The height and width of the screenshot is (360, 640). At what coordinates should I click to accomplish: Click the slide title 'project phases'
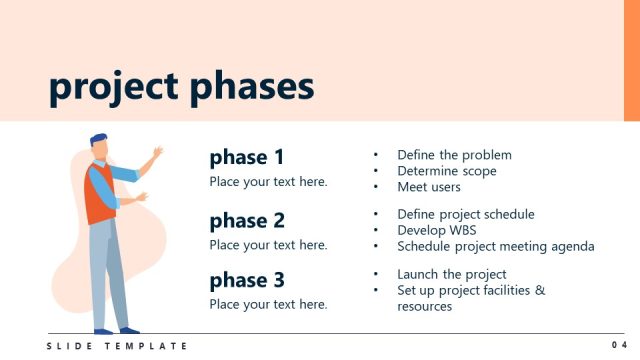point(181,88)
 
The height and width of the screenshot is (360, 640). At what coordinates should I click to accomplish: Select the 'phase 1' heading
point(247,157)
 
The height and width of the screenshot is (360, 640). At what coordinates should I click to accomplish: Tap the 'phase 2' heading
point(247,220)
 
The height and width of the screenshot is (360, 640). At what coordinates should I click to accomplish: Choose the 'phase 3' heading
point(247,280)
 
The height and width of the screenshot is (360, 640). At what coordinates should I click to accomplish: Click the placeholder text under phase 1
point(268,182)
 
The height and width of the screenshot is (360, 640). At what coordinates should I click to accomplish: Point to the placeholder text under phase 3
point(268,304)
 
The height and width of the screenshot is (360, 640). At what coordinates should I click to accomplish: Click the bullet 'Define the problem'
point(454,155)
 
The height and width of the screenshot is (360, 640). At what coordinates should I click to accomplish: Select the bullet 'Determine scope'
point(446,171)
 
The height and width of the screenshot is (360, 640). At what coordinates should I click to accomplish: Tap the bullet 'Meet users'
point(429,187)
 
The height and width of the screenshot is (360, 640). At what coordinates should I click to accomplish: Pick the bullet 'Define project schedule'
point(465,214)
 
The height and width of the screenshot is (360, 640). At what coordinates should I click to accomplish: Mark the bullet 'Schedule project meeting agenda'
point(495,246)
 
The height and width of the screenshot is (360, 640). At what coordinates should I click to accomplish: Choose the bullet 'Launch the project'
point(451,274)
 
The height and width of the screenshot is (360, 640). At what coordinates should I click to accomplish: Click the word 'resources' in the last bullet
point(424,306)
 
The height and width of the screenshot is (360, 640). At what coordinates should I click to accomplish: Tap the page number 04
point(619,345)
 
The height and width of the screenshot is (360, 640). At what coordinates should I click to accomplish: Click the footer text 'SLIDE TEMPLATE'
point(117,346)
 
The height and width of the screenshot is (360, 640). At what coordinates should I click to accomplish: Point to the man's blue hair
point(97,140)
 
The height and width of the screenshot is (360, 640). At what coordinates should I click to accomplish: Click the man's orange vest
point(100,195)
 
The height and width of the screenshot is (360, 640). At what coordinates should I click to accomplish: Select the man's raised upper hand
point(157,153)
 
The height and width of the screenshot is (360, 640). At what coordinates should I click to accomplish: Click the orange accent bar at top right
point(631,60)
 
